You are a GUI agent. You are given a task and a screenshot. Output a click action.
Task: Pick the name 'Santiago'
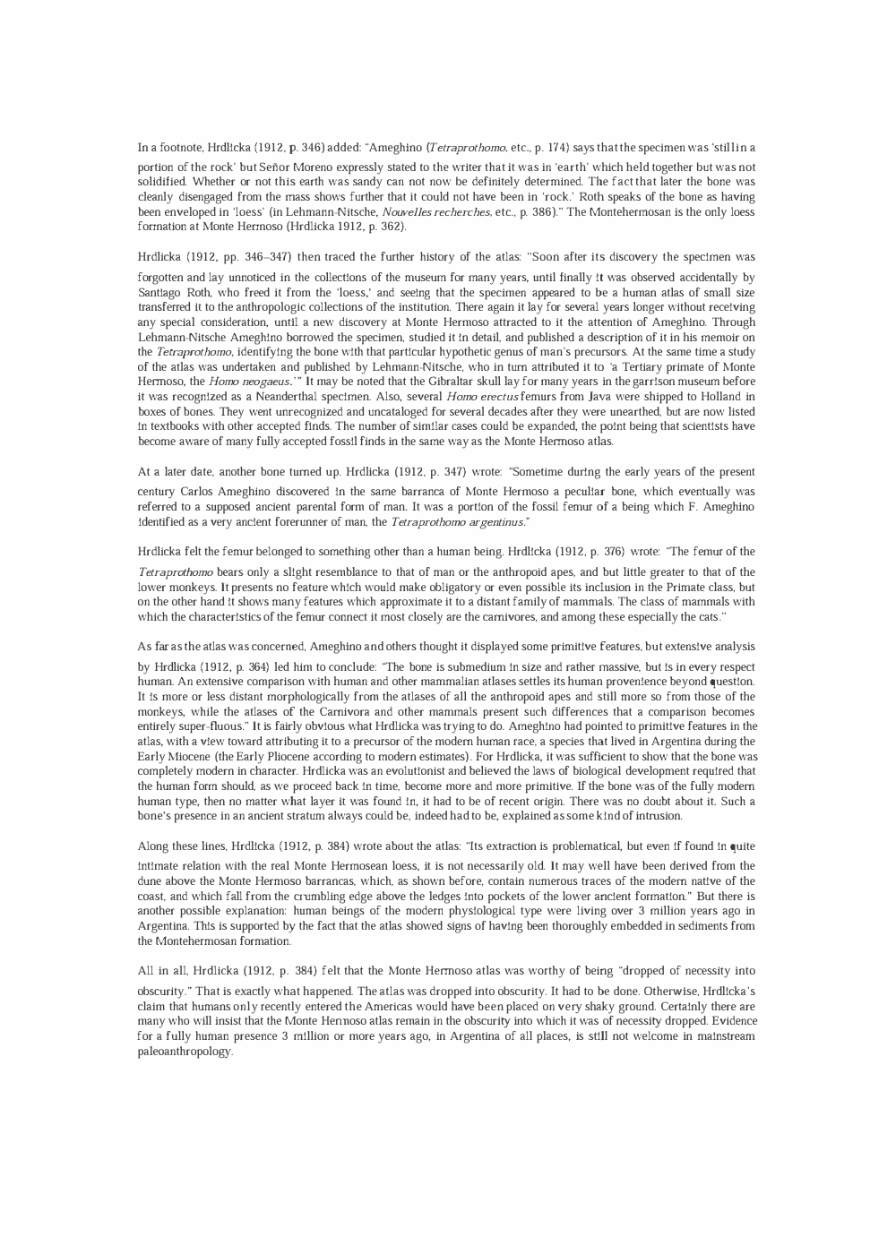tap(159, 292)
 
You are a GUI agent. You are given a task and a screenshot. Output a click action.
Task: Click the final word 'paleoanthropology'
tap(185, 1052)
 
